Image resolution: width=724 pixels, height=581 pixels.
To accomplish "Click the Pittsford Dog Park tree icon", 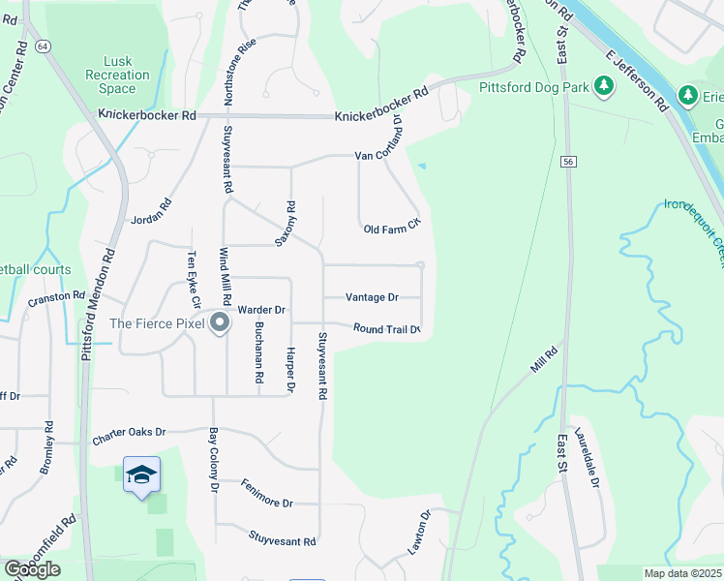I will [x=605, y=87].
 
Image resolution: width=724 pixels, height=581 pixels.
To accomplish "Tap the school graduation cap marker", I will [x=141, y=474].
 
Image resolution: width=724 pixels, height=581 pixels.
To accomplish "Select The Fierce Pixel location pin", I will [x=220, y=322].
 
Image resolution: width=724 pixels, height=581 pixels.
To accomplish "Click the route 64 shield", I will [x=43, y=46].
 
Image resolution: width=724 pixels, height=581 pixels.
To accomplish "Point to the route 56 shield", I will [x=568, y=163].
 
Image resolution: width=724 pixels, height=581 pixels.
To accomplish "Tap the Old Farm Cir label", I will [x=392, y=229].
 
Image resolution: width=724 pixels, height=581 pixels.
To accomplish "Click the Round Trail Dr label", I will [x=386, y=329].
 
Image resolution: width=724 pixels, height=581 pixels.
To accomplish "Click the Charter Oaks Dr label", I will [x=130, y=437].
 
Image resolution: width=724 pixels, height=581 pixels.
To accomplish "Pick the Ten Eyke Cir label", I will [x=192, y=275].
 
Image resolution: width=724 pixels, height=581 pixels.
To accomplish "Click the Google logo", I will [x=32, y=569].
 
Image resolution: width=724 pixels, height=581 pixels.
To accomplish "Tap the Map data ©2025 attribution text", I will [x=682, y=573].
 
